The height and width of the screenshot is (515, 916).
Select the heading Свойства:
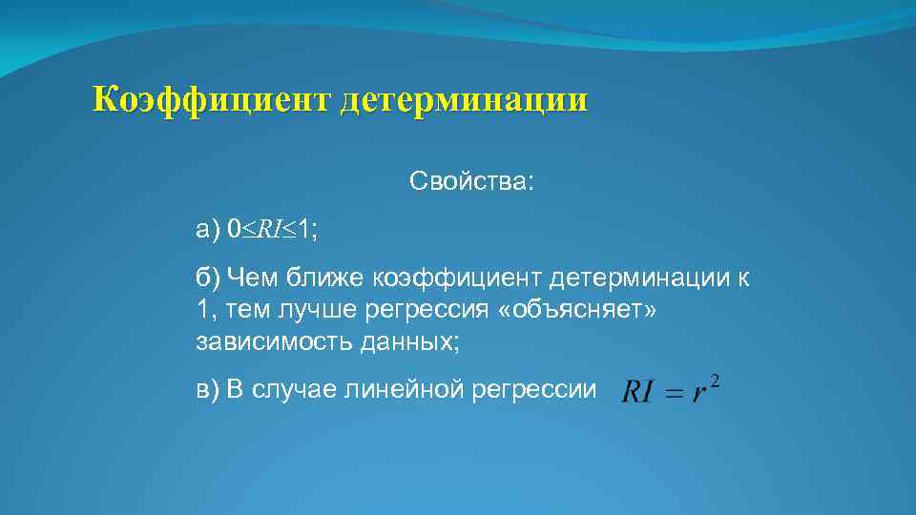click(x=472, y=181)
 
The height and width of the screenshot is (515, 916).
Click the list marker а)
click(x=207, y=230)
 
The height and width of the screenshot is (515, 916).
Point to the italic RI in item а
click(x=269, y=230)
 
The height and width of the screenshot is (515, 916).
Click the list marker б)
click(x=208, y=278)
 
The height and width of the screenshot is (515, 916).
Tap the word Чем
click(x=252, y=278)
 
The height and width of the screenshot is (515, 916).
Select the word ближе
click(x=323, y=278)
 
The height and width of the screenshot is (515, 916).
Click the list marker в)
click(x=208, y=390)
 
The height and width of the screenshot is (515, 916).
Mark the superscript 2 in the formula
click(x=716, y=381)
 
